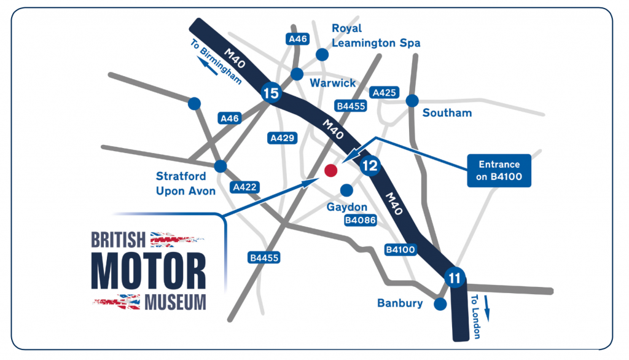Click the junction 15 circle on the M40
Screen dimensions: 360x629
pyautogui.click(x=270, y=93)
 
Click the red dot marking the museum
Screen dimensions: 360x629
pyautogui.click(x=330, y=170)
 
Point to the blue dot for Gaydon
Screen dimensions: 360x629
pyautogui.click(x=346, y=190)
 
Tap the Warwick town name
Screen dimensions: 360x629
pyautogui.click(x=332, y=82)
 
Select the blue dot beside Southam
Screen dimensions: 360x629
pyautogui.click(x=412, y=100)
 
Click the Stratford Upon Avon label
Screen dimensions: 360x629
pyautogui.click(x=186, y=184)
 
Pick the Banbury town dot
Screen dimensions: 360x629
pyautogui.click(x=439, y=304)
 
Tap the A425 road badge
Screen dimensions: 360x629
pyautogui.click(x=385, y=93)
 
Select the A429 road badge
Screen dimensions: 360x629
pyautogui.click(x=281, y=139)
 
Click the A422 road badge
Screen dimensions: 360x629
pyautogui.click(x=244, y=187)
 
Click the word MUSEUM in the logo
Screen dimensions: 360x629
pyautogui.click(x=175, y=302)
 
